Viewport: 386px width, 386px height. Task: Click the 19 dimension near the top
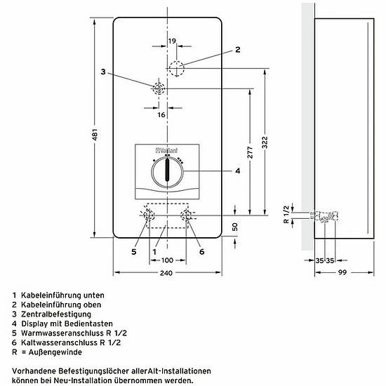click(x=173, y=41)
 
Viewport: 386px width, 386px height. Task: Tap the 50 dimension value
click(x=236, y=227)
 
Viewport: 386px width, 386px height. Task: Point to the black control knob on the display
click(x=167, y=171)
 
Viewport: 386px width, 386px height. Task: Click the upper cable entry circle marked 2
click(x=176, y=68)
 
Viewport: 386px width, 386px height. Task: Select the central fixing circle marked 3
click(x=159, y=89)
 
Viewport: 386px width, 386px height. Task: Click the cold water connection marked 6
click(x=187, y=215)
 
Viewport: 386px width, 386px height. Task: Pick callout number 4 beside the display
click(x=237, y=171)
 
